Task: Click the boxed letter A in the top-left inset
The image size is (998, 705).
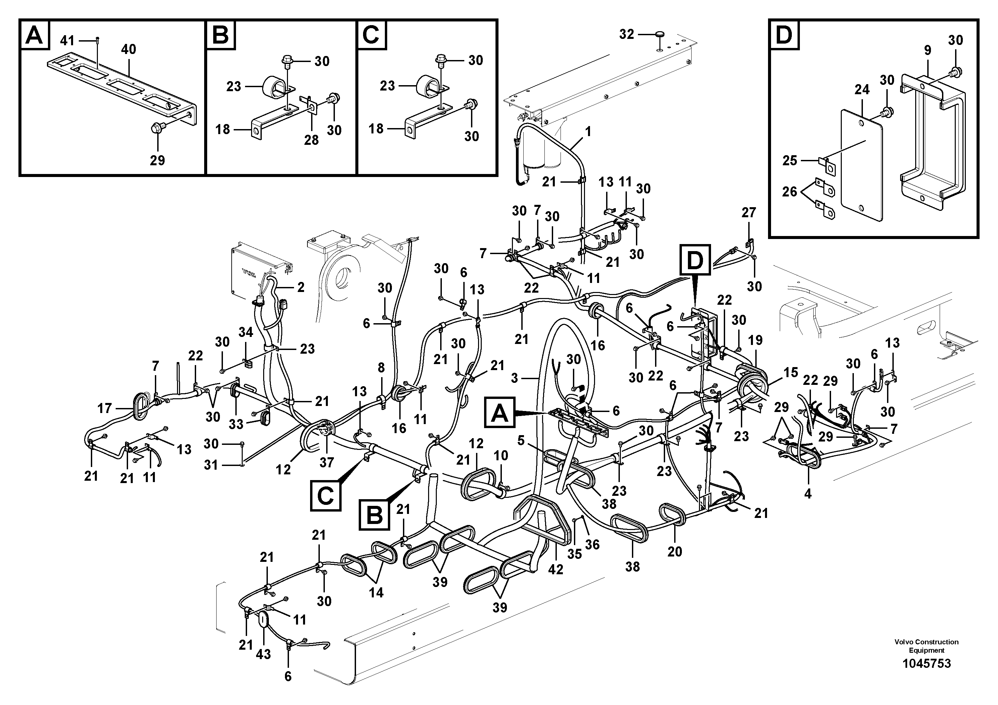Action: [x=34, y=35]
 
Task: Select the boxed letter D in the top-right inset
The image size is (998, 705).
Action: [x=784, y=35]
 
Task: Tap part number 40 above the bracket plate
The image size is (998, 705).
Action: [x=129, y=50]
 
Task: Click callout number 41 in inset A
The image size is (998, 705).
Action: [x=67, y=41]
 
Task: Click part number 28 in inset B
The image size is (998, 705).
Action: [x=311, y=140]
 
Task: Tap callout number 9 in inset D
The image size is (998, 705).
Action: [x=928, y=50]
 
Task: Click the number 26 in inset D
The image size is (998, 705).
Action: [x=790, y=192]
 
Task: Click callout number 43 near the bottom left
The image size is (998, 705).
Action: [x=263, y=654]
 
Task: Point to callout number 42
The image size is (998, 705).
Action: [x=556, y=569]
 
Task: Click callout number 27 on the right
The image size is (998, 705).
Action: [x=749, y=213]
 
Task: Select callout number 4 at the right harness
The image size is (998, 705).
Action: [x=808, y=493]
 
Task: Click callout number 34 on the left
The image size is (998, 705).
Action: [x=246, y=333]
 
